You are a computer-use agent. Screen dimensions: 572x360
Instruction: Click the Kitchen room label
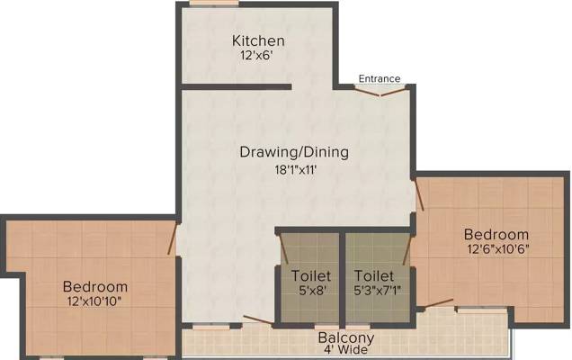point(258,40)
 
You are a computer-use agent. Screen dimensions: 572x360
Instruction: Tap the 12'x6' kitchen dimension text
point(256,56)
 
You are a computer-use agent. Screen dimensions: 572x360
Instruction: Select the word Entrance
point(380,78)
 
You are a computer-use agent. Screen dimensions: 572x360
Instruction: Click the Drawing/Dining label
point(294,152)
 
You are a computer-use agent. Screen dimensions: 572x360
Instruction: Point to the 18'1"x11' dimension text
point(295,170)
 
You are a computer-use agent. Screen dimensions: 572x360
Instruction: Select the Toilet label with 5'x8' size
point(311,275)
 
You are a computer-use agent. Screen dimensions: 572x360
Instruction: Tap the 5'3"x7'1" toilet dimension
point(377,291)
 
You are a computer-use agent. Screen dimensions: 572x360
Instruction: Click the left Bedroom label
point(95,286)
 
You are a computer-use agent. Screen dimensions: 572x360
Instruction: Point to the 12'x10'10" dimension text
point(94,301)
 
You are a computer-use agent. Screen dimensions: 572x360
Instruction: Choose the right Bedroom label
point(496,234)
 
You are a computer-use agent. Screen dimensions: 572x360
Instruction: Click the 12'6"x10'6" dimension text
point(498,249)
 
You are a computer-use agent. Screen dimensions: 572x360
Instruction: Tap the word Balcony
point(346,338)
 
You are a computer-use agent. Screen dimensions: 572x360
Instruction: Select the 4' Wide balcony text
point(346,350)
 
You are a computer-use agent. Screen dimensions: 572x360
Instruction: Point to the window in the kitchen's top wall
point(214,4)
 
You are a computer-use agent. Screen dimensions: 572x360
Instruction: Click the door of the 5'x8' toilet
point(283,248)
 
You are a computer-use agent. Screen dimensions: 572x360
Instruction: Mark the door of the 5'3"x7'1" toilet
point(407,249)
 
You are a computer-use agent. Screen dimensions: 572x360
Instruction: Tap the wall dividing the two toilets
point(342,278)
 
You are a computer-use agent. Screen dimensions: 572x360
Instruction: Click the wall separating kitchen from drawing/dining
point(237,87)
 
